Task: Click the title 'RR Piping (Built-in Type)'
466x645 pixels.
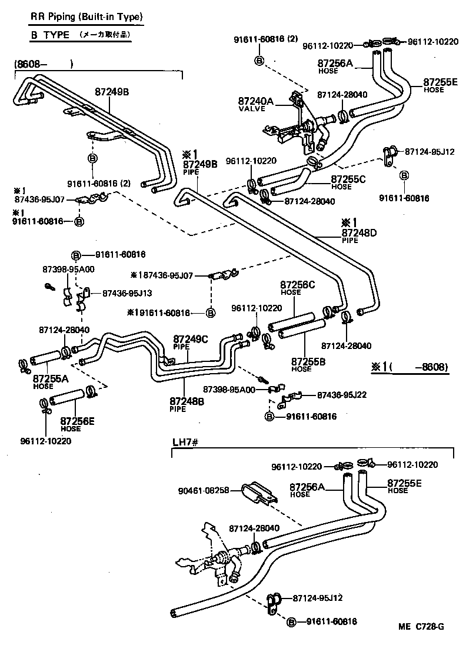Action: pyautogui.click(x=86, y=16)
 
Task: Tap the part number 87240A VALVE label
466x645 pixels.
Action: pyautogui.click(x=255, y=104)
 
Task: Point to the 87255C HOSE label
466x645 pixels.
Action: pyautogui.click(x=349, y=182)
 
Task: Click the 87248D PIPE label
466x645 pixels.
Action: pyautogui.click(x=358, y=236)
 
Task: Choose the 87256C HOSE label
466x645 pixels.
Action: pyautogui.click(x=298, y=288)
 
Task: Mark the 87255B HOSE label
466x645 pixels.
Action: pyautogui.click(x=309, y=363)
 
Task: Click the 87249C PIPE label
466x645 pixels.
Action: pyautogui.click(x=190, y=342)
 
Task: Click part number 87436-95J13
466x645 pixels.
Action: pyautogui.click(x=127, y=292)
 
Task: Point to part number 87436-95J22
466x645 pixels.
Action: pyautogui.click(x=342, y=395)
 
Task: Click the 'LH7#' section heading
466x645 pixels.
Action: pyautogui.click(x=184, y=441)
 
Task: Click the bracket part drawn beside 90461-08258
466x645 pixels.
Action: pyautogui.click(x=258, y=493)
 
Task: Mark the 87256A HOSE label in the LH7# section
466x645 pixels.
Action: pyautogui.click(x=307, y=489)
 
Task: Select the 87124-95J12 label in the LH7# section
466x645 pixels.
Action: pyautogui.click(x=318, y=598)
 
